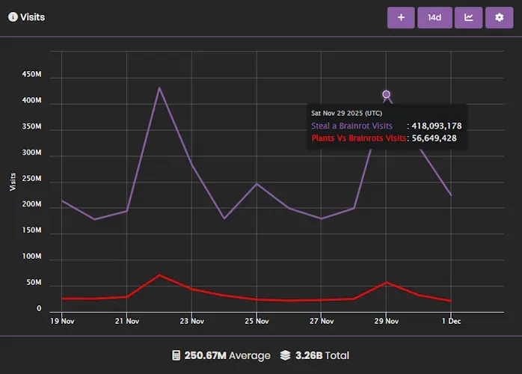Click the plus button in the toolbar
point(401,17)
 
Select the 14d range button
point(435,17)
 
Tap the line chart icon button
point(468,17)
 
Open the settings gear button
point(499,17)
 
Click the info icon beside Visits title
point(13,16)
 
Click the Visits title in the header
point(32,16)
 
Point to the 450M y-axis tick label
point(31,75)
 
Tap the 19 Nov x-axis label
point(62,322)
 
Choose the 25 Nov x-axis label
point(257,322)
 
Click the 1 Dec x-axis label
point(451,322)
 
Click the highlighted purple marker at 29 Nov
point(386,94)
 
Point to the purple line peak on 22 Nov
point(159,88)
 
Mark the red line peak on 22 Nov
point(159,275)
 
